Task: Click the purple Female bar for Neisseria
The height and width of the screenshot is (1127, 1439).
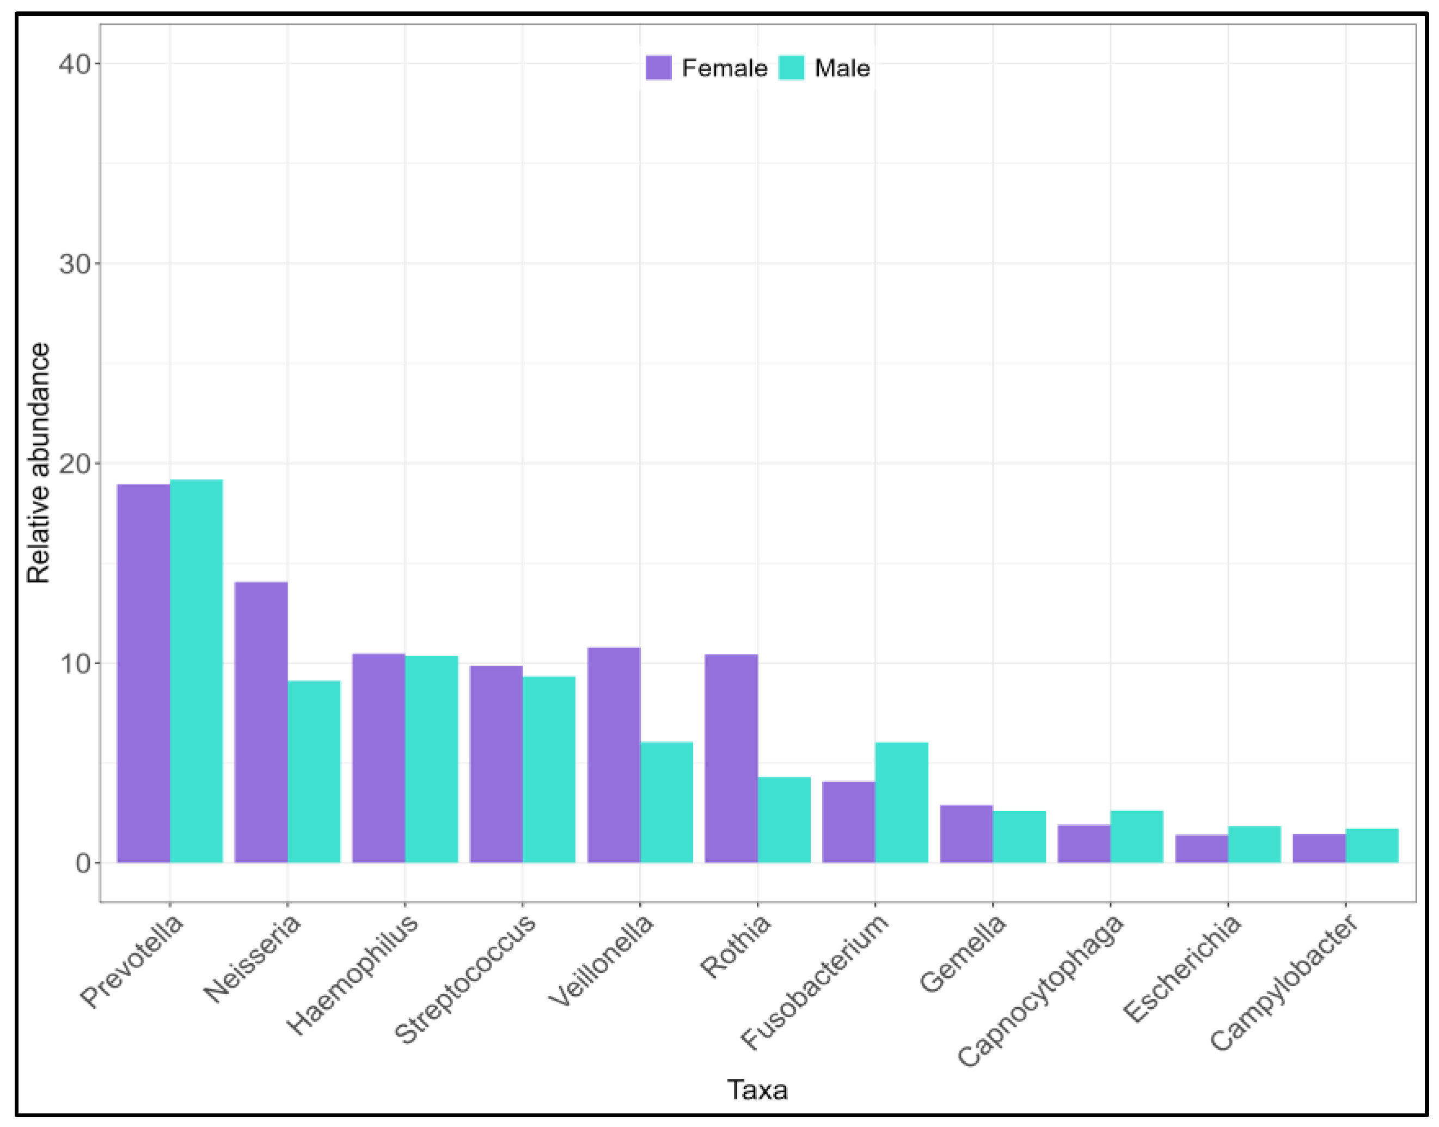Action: click(x=261, y=722)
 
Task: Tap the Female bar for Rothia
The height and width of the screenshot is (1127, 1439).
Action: click(x=731, y=758)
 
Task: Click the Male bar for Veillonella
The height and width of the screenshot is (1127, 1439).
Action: click(x=666, y=802)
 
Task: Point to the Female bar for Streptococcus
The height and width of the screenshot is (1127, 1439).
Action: click(x=495, y=764)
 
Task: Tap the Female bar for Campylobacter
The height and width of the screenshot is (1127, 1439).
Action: click(x=1318, y=849)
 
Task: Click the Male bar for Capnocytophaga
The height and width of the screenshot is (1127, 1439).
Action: click(x=1136, y=837)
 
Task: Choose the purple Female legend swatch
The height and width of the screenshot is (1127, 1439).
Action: click(x=658, y=68)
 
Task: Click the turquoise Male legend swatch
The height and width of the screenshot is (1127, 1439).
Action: click(x=791, y=68)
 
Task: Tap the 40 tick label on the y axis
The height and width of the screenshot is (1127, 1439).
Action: click(x=75, y=64)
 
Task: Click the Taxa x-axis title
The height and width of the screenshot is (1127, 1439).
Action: click(x=757, y=1089)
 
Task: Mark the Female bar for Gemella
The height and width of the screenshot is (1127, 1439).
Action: click(x=966, y=834)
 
